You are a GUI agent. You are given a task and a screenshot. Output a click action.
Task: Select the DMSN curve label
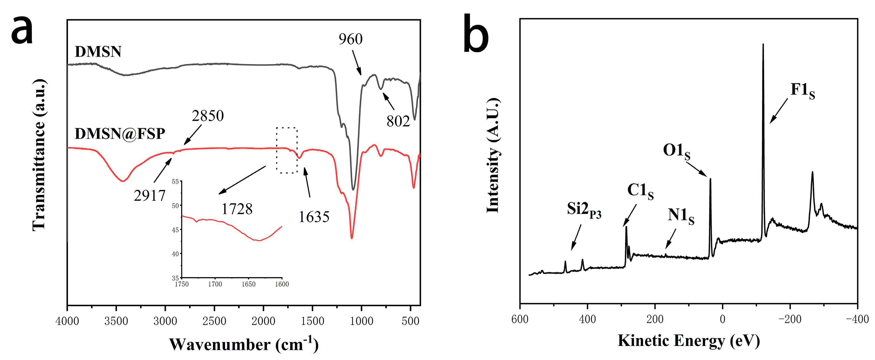pyautogui.click(x=98, y=52)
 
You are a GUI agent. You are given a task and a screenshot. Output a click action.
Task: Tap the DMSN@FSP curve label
pyautogui.click(x=120, y=134)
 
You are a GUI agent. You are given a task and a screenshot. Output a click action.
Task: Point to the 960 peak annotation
pyautogui.click(x=351, y=39)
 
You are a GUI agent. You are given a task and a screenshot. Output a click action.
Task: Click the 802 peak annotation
pyautogui.click(x=398, y=121)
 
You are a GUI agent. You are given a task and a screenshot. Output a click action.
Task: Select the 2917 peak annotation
pyautogui.click(x=149, y=196)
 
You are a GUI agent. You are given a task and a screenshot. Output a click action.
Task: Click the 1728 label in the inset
pyautogui.click(x=237, y=209)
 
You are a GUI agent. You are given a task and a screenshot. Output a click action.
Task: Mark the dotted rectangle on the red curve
pyautogui.click(x=287, y=150)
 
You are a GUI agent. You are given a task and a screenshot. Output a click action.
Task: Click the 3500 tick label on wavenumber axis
pyautogui.click(x=116, y=321)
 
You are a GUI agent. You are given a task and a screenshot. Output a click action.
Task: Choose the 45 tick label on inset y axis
pyautogui.click(x=175, y=230)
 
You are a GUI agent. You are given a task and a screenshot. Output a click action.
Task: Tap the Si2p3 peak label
pyautogui.click(x=584, y=210)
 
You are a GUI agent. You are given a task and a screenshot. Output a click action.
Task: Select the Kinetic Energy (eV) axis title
pyautogui.click(x=688, y=341)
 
